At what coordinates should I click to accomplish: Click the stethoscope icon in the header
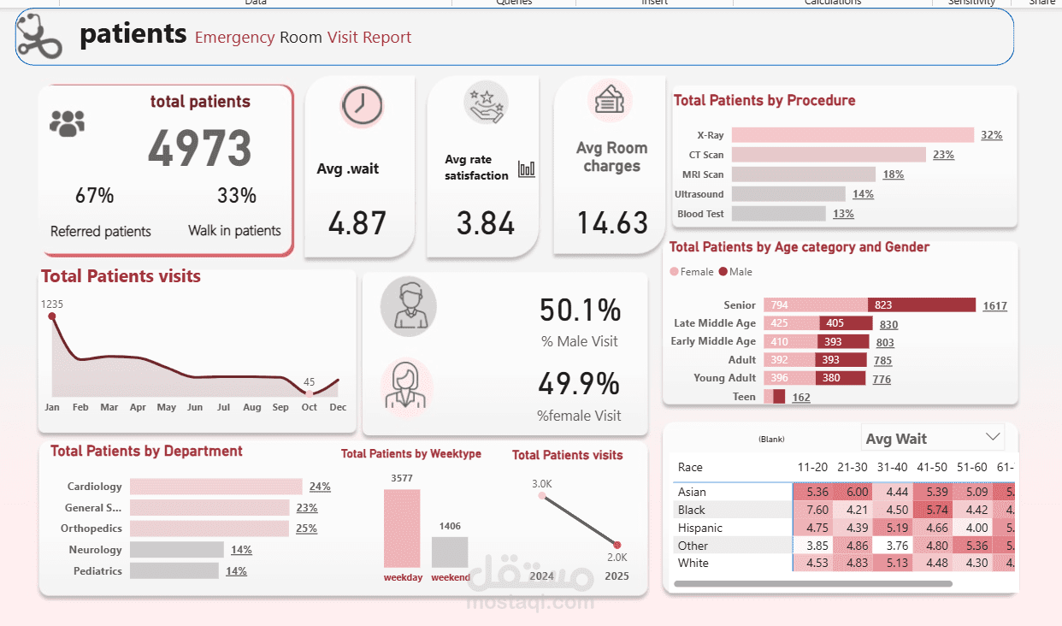pyautogui.click(x=39, y=36)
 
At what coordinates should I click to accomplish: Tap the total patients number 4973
pyautogui.click(x=200, y=149)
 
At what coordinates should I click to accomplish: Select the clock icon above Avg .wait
pyautogui.click(x=362, y=106)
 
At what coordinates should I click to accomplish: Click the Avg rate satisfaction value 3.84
pyautogui.click(x=485, y=223)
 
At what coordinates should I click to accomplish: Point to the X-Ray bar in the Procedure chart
pyautogui.click(x=853, y=135)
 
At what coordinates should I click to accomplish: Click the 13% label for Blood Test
pyautogui.click(x=843, y=214)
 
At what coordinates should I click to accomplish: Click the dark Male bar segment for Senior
pyautogui.click(x=921, y=305)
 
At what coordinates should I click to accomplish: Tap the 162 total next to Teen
pyautogui.click(x=801, y=397)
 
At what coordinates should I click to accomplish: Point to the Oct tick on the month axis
pyautogui.click(x=310, y=407)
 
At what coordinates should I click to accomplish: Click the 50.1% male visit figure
pyautogui.click(x=580, y=310)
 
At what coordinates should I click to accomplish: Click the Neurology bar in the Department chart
pyautogui.click(x=177, y=550)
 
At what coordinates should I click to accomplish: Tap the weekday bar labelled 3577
pyautogui.click(x=402, y=528)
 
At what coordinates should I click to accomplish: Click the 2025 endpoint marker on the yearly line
pyautogui.click(x=617, y=545)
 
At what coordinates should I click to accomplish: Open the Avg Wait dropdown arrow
pyautogui.click(x=993, y=437)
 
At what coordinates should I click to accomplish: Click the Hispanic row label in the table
pyautogui.click(x=700, y=528)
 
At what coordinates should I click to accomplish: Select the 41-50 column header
pyautogui.click(x=931, y=467)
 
